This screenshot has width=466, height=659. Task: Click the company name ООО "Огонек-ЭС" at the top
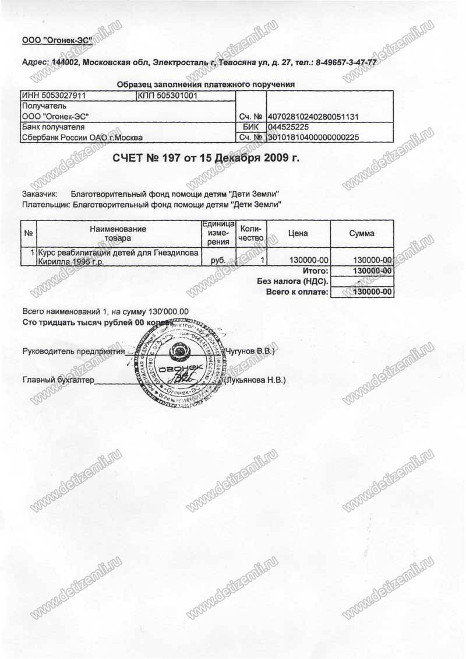[x=53, y=40]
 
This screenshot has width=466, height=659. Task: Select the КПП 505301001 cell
[x=168, y=95]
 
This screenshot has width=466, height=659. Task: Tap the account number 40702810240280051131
[x=312, y=117]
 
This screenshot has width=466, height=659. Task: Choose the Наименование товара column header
[x=118, y=233]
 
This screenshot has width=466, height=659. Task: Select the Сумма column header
[x=361, y=233]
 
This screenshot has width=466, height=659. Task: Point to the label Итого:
[x=316, y=271]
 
